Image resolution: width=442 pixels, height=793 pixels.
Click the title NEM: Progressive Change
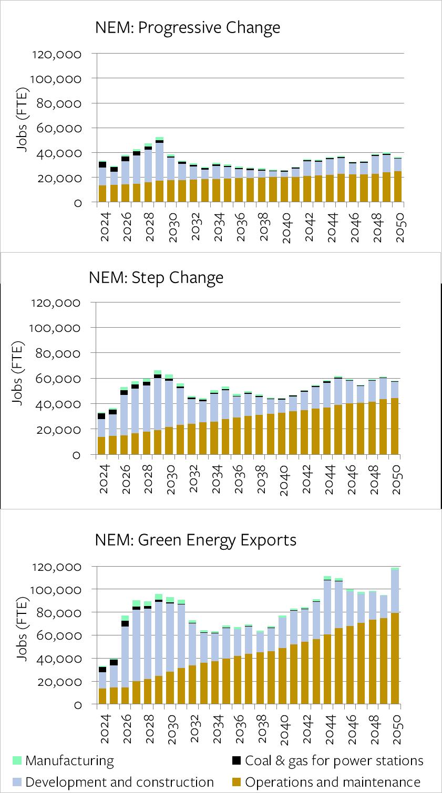tap(188, 28)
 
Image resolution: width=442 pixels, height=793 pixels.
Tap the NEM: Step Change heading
tap(156, 277)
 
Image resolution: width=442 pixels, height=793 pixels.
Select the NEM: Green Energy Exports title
tap(196, 540)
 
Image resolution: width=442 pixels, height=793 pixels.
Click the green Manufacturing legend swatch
tap(16, 760)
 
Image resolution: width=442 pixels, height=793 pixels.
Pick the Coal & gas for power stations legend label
tap(334, 760)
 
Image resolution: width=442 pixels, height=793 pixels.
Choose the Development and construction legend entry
tap(119, 782)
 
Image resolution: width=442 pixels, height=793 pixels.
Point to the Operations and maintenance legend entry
tap(332, 782)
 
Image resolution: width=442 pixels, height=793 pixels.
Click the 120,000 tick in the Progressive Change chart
tap(57, 54)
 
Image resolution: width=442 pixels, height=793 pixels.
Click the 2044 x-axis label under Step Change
tap(329, 479)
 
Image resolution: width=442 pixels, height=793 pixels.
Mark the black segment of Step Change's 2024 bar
tap(101, 416)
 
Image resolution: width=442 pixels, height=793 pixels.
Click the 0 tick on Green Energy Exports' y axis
tap(78, 705)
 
